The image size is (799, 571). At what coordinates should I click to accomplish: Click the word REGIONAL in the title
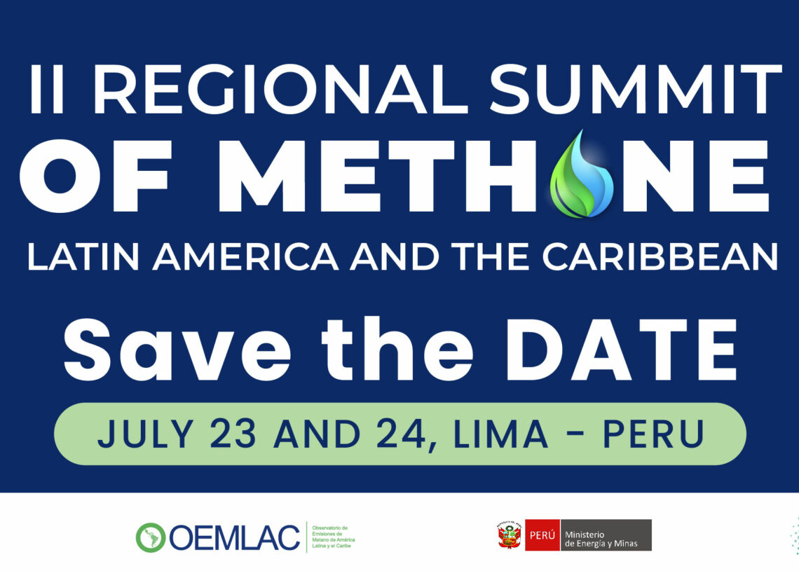280,89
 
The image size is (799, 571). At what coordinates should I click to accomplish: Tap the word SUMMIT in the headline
636,89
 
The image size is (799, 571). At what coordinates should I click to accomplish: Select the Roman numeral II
47,89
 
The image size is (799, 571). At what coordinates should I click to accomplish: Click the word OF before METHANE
96,176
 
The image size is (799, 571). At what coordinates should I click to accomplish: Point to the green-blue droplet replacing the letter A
582,174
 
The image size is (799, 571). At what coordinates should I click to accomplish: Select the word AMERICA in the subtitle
245,256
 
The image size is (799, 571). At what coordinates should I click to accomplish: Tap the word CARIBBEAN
660,256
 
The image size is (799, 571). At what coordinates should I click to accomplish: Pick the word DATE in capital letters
621,350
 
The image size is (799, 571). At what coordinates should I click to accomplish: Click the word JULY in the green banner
145,434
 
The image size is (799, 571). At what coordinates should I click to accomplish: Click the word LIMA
500,434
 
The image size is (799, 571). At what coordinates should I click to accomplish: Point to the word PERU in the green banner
654,434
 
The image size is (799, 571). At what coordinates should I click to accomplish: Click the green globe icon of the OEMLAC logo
150,537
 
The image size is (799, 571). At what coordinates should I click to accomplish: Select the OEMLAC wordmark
234,537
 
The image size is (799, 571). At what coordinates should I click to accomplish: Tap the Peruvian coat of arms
510,535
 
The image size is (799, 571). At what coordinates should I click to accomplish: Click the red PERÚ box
542,535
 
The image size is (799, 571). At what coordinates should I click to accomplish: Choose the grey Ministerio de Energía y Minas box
606,535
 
